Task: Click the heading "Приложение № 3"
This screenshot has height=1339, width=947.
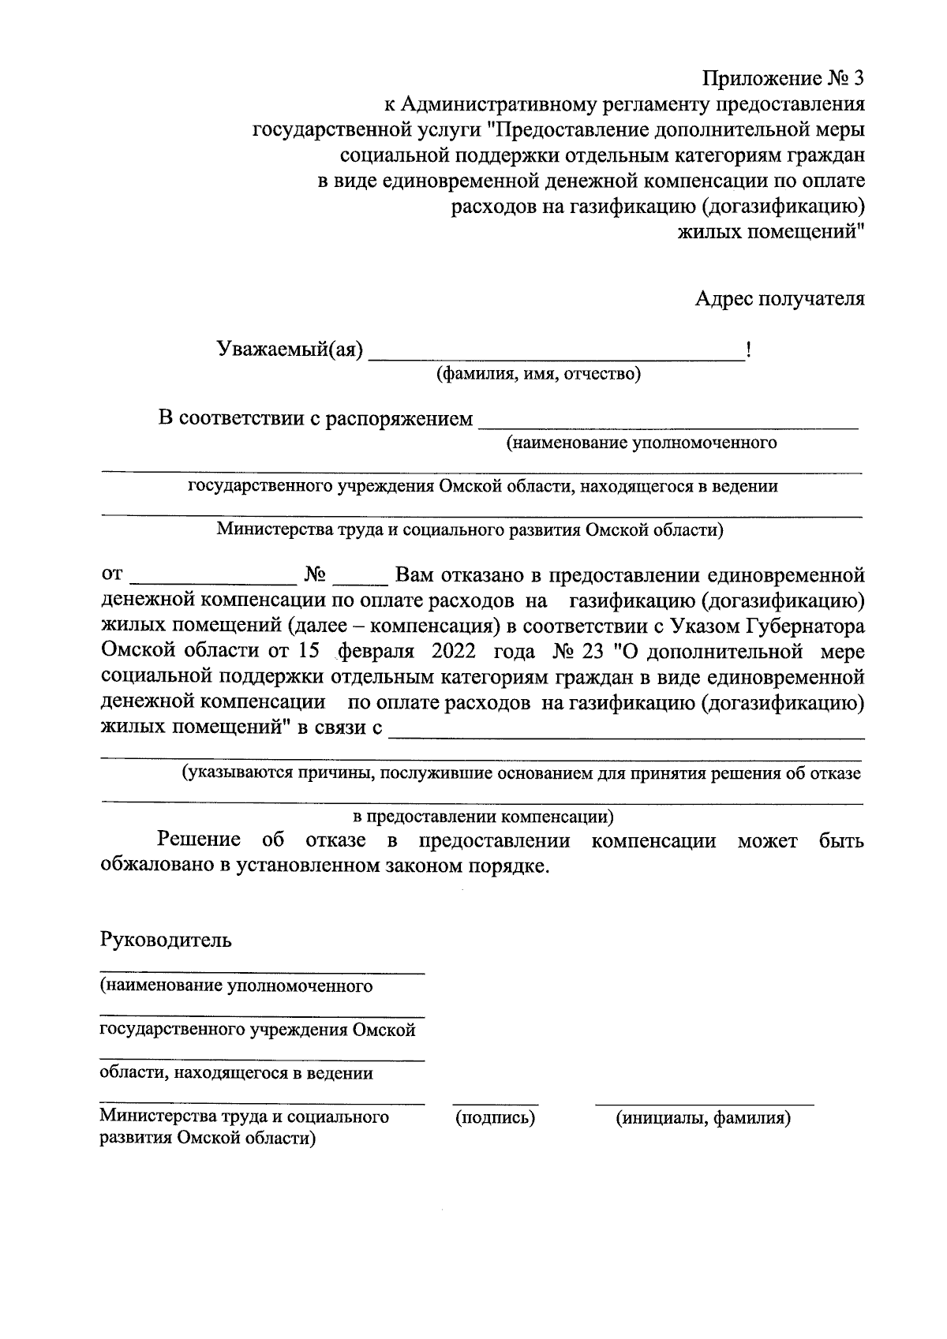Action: click(784, 79)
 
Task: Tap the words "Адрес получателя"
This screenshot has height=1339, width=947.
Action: click(780, 299)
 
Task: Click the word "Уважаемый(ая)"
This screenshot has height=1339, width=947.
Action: click(290, 350)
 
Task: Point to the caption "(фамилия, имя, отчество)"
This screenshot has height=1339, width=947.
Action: click(539, 374)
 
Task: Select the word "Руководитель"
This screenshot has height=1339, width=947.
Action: click(166, 941)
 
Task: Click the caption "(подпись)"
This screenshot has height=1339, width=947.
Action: click(496, 1117)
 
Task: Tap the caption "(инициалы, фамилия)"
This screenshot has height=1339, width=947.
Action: click(705, 1117)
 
